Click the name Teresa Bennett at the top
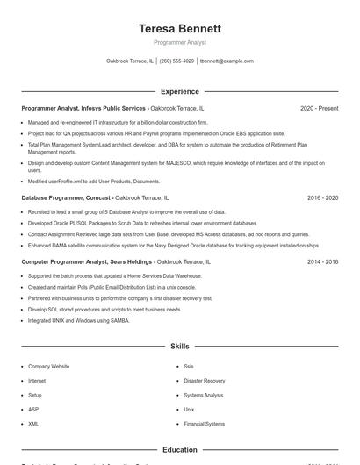pyautogui.click(x=179, y=28)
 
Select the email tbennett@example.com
pyautogui.click(x=227, y=61)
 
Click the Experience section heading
pyautogui.click(x=179, y=91)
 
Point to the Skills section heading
pyautogui.click(x=179, y=347)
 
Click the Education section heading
pyautogui.click(x=179, y=450)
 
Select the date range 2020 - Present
pyautogui.click(x=319, y=108)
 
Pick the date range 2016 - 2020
pyautogui.click(x=322, y=198)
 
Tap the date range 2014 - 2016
pyautogui.click(x=322, y=261)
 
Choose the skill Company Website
pyautogui.click(x=48, y=366)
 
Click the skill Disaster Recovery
pyautogui.click(x=204, y=381)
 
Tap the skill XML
pyautogui.click(x=33, y=424)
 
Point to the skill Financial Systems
pyautogui.click(x=203, y=424)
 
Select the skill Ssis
pyautogui.click(x=189, y=366)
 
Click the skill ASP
pyautogui.click(x=33, y=409)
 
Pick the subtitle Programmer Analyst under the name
pyautogui.click(x=179, y=42)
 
